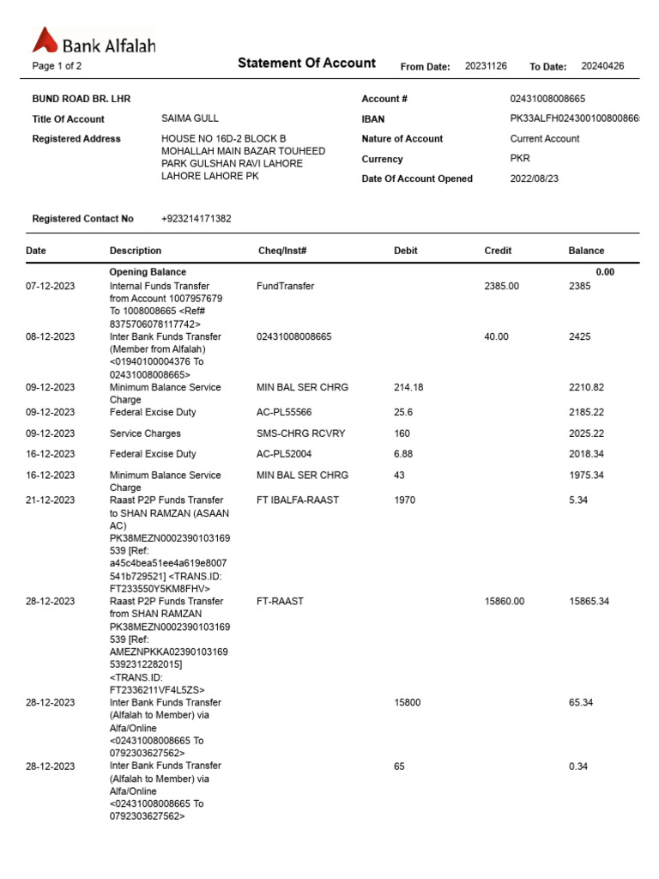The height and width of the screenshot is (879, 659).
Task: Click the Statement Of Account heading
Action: pos(306,63)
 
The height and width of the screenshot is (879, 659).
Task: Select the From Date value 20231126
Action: pos(486,66)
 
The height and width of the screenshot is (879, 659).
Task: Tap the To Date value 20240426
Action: pos(602,66)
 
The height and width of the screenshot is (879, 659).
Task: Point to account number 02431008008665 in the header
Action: pos(547,99)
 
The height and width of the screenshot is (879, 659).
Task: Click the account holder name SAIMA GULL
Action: pos(190,118)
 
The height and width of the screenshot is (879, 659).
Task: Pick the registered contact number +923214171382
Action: pos(196,219)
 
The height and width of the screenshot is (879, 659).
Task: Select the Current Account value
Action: pos(544,138)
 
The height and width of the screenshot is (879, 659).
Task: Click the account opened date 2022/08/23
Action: pos(533,179)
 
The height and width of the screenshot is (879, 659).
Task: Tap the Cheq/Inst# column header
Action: pos(282,251)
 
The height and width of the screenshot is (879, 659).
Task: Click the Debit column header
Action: pos(405,251)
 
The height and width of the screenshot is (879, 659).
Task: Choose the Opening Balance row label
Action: pos(148,272)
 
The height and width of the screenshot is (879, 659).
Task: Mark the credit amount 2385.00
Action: pos(501,286)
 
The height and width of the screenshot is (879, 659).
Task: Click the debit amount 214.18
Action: pos(408,387)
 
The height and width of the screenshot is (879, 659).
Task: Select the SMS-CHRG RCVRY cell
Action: pos(300,433)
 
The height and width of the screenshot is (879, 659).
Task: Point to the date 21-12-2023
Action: pos(50,500)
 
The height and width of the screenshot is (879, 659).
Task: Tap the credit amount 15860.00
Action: pos(504,601)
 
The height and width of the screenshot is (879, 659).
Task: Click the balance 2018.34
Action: pos(586,454)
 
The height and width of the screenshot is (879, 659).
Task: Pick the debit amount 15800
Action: pos(407,702)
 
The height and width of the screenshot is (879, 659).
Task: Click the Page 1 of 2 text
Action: pos(57,66)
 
